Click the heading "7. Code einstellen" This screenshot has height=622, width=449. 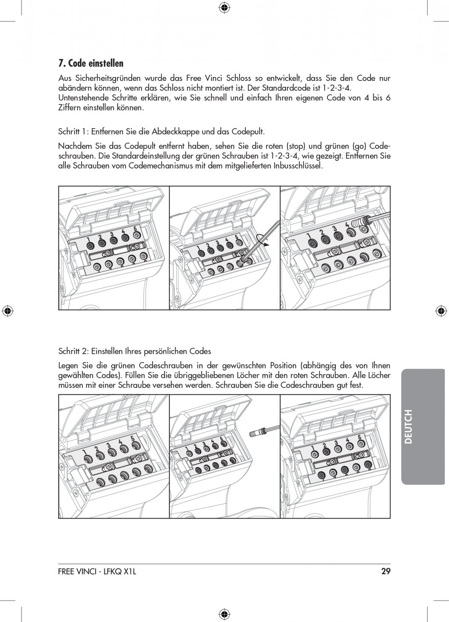pyautogui.click(x=91, y=63)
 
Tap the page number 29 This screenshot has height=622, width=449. pyautogui.click(x=386, y=571)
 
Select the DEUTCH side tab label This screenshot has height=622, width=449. pyautogui.click(x=408, y=427)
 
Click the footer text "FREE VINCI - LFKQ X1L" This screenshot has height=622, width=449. pyautogui.click(x=97, y=571)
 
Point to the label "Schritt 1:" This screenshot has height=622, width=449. pyautogui.click(x=73, y=132)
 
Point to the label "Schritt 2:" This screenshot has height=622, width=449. pyautogui.click(x=73, y=351)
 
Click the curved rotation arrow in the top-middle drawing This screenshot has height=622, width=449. pyautogui.click(x=263, y=240)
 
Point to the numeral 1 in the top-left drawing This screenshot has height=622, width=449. pyautogui.click(x=88, y=238)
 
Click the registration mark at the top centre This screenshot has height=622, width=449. pyautogui.click(x=224, y=7)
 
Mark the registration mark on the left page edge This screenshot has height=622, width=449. pyautogui.click(x=7, y=311)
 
